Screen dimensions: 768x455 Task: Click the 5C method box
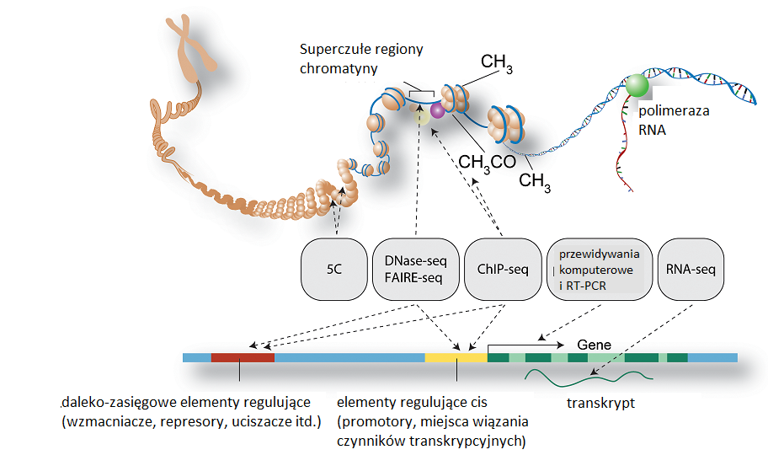[334, 269]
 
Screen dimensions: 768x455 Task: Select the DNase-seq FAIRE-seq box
[416, 269]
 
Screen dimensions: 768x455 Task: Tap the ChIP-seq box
[503, 269]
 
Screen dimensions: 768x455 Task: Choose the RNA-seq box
[691, 269]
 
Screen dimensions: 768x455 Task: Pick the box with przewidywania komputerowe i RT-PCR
[600, 269]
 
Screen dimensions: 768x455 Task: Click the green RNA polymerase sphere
[637, 86]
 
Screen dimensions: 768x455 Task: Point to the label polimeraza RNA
[674, 120]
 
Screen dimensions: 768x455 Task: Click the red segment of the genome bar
[243, 357]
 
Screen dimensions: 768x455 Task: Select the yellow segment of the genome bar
[456, 357]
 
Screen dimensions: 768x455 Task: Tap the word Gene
[595, 345]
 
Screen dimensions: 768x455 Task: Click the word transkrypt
[600, 403]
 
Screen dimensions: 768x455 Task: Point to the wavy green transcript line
[589, 377]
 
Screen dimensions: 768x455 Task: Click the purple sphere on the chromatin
[437, 110]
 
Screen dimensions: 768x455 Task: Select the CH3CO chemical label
[487, 163]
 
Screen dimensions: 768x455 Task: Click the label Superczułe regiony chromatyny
[361, 59]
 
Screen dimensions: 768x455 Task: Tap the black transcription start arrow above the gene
[526, 345]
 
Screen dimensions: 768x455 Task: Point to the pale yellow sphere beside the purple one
[422, 116]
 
